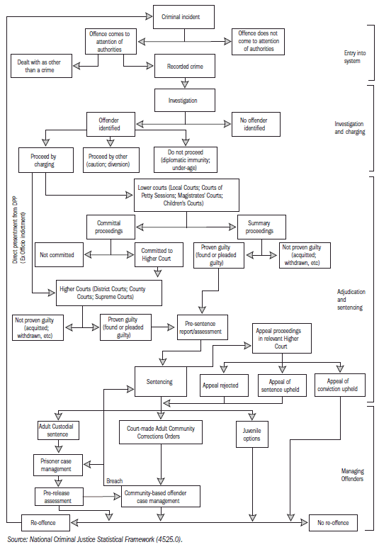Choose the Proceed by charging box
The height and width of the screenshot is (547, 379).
pyautogui.click(x=43, y=159)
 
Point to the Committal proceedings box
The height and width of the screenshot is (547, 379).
pyautogui.click(x=113, y=227)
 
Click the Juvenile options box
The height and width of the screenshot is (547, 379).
pyautogui.click(x=251, y=434)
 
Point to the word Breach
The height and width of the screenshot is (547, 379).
pyautogui.click(x=114, y=481)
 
